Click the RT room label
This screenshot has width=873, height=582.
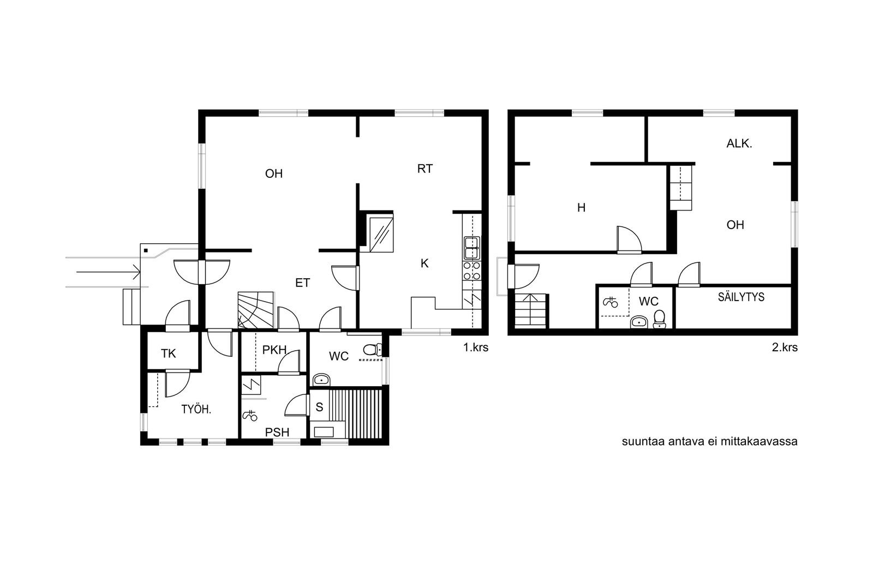[425, 169]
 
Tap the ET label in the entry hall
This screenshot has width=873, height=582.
[302, 283]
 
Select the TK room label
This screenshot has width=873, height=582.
[169, 353]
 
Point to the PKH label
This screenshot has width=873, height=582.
[274, 350]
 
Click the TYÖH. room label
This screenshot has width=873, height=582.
[196, 410]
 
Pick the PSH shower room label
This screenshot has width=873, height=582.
[277, 433]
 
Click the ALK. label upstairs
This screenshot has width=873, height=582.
[739, 144]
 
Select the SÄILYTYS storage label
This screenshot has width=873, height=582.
[742, 297]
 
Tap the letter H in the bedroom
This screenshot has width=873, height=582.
[581, 208]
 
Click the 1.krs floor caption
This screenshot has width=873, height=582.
[475, 347]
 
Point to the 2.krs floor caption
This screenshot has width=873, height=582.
[785, 347]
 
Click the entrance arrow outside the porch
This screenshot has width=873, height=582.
[109, 272]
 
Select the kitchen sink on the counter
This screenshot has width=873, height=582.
[471, 248]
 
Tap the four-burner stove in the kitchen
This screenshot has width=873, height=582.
[471, 271]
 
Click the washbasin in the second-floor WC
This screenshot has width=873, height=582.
[639, 322]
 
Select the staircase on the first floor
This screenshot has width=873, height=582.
[256, 310]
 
